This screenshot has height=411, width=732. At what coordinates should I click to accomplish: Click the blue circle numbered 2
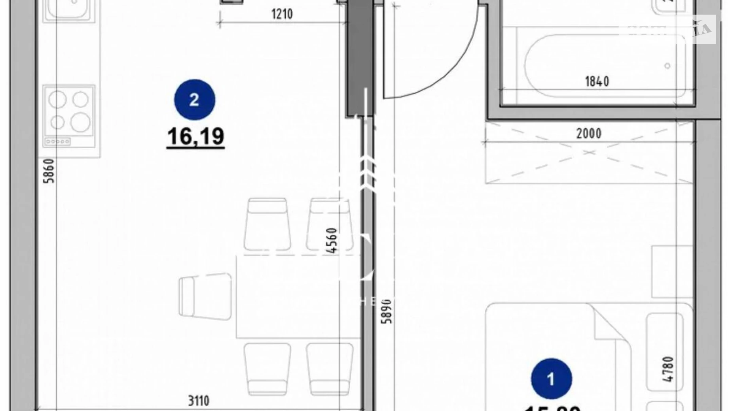tap(195, 100)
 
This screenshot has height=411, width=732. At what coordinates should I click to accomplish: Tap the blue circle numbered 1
tap(551, 379)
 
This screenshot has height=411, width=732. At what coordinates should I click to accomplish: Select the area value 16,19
tap(196, 136)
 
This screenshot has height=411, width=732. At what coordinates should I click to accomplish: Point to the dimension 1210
tap(282, 14)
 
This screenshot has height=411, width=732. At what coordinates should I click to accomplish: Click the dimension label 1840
tap(597, 81)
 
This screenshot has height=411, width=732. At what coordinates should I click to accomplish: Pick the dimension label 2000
tap(588, 134)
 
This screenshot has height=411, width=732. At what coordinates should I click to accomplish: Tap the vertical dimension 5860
tap(49, 171)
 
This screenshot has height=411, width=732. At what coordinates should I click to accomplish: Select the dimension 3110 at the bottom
tap(198, 401)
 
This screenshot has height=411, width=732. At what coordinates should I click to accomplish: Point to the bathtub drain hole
tap(667, 66)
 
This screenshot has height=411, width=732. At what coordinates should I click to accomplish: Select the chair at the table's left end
tap(205, 296)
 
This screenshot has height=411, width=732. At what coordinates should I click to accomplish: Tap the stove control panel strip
tap(57, 141)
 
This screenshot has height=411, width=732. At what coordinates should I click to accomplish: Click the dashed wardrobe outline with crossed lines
tap(589, 153)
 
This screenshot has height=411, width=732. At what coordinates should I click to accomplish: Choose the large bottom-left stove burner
tap(57, 122)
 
